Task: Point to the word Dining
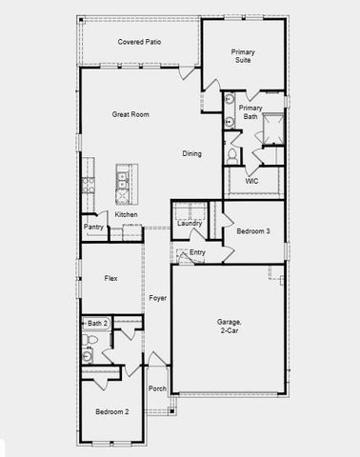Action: (191, 153)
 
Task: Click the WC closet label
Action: (251, 181)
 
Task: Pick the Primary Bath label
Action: (250, 112)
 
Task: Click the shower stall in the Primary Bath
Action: (271, 128)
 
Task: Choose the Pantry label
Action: (93, 227)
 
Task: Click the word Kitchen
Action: (127, 215)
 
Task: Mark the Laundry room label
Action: (190, 223)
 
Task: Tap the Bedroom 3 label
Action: (252, 231)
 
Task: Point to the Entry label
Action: (197, 251)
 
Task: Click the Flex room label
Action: (110, 278)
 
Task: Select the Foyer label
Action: (157, 298)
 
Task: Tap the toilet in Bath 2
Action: (91, 340)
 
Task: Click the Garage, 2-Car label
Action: (228, 327)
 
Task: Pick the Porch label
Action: (157, 388)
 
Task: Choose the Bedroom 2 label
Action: (111, 411)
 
